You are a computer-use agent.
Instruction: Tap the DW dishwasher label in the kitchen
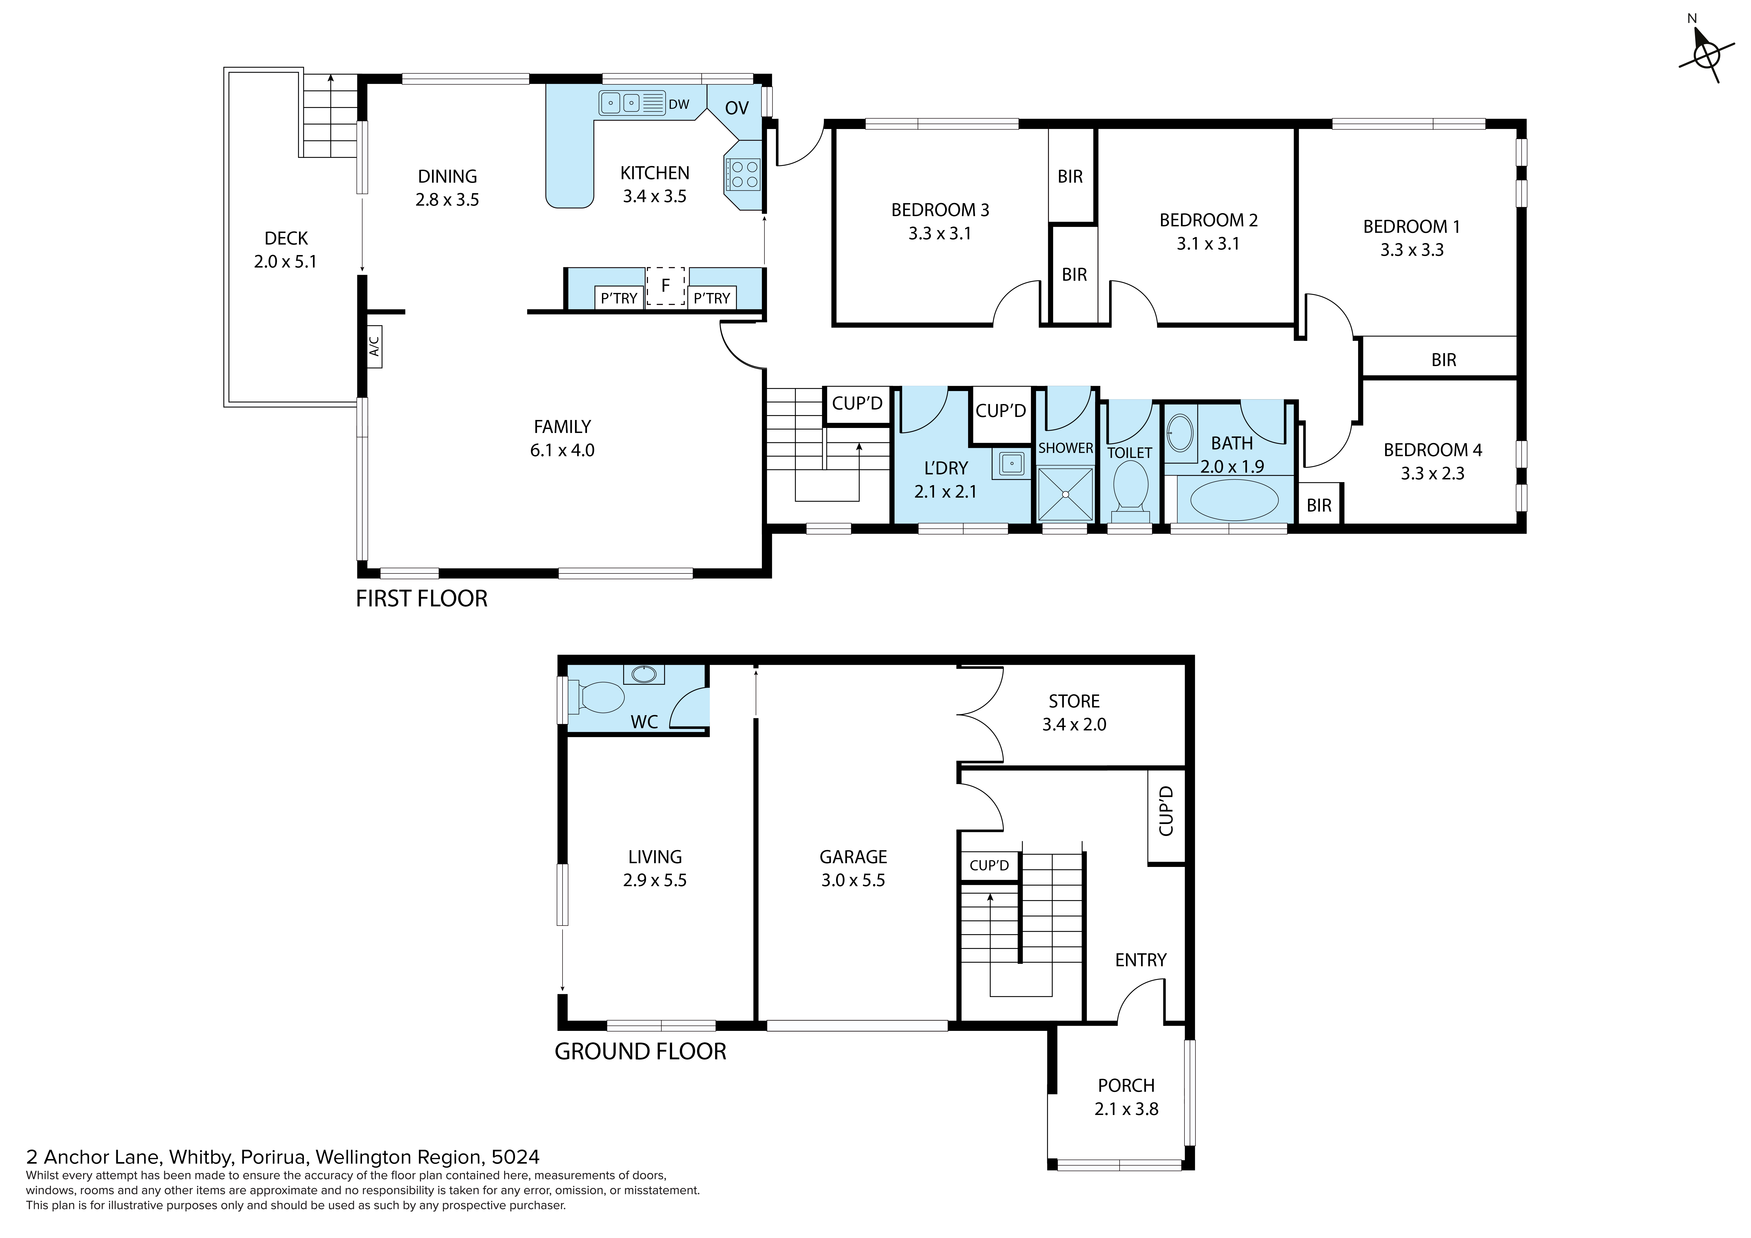pos(679,105)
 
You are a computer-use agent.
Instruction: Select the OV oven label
pos(737,108)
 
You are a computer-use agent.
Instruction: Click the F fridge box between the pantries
pos(666,286)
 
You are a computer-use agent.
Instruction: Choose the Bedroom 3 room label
pos(940,210)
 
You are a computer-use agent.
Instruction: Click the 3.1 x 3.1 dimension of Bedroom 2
pos(1208,244)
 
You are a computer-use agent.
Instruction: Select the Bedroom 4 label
pos(1433,450)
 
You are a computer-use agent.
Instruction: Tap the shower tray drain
pos(1065,494)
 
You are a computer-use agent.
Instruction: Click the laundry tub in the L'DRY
pos(1012,463)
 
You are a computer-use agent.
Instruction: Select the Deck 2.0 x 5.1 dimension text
pos(285,262)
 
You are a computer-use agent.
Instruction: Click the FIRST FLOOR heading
pos(422,599)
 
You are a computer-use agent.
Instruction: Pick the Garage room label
pos(853,857)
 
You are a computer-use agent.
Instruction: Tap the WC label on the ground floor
pos(644,722)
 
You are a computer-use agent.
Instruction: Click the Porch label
pos(1126,1086)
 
